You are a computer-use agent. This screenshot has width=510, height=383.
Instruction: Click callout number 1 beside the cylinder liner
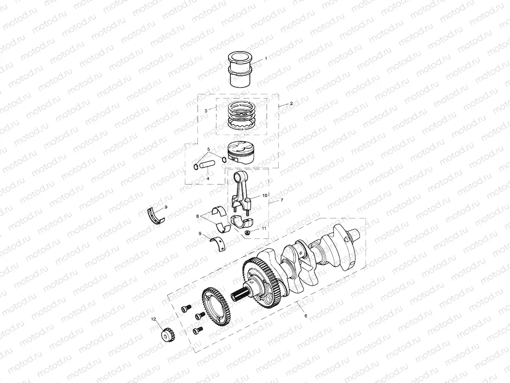pyautogui.click(x=266, y=59)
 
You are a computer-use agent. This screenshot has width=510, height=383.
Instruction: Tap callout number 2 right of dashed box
pyautogui.click(x=291, y=103)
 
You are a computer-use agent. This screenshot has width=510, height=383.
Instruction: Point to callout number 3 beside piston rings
pyautogui.click(x=206, y=111)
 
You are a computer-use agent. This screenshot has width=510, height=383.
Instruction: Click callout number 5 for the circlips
pyautogui.click(x=209, y=149)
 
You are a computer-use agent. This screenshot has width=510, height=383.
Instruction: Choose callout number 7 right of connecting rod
pyautogui.click(x=281, y=200)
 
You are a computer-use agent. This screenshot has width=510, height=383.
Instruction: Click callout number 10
pyautogui.click(x=265, y=196)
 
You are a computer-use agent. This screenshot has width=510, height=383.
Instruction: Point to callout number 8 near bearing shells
pyautogui.click(x=198, y=216)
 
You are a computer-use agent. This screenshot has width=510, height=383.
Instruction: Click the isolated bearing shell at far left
pyautogui.click(x=156, y=214)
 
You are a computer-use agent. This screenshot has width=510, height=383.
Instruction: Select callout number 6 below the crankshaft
pyautogui.click(x=305, y=315)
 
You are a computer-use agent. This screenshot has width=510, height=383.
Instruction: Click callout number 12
pyautogui.click(x=153, y=319)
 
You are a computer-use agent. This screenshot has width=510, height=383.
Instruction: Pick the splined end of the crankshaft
pyautogui.click(x=243, y=295)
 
